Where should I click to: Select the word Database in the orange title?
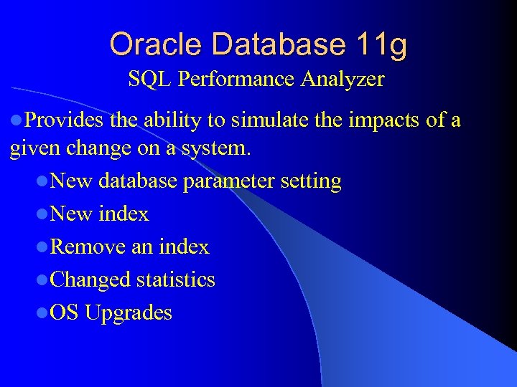[273, 44]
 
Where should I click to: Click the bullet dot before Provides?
[17, 121]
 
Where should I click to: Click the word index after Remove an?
[185, 247]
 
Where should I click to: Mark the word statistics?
[175, 279]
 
